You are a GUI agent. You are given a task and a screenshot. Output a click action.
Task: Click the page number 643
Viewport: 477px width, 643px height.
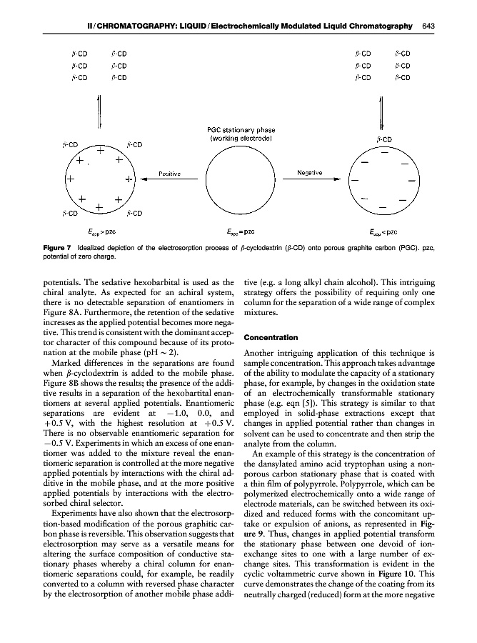click(x=428, y=26)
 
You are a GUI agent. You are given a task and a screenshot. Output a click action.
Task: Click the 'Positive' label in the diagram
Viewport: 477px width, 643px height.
click(x=169, y=173)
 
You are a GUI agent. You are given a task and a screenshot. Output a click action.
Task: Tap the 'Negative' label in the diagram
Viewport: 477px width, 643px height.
click(x=308, y=173)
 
